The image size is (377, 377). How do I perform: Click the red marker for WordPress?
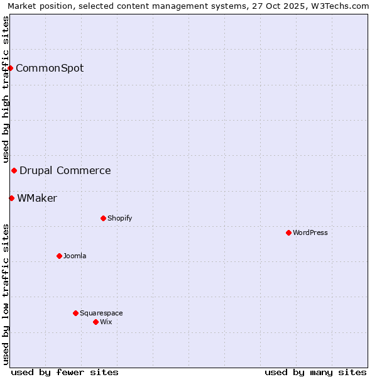[x=288, y=232]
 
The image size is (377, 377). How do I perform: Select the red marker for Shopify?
[x=103, y=218]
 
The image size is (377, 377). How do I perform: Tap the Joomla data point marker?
[x=59, y=256]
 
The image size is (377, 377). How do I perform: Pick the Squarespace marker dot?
[x=75, y=313]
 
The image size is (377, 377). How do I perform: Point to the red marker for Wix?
[x=96, y=322]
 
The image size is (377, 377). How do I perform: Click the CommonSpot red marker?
[x=11, y=68]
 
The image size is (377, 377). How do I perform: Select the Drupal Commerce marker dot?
[x=14, y=170]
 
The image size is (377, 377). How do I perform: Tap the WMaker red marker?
[x=11, y=198]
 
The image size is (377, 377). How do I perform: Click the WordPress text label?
[x=310, y=232]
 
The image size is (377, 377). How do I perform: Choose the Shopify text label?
[x=119, y=218]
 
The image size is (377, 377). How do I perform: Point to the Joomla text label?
[x=75, y=256]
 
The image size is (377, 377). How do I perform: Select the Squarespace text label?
[x=101, y=313]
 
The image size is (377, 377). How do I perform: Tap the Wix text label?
[x=106, y=322]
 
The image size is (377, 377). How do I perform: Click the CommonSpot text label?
[x=50, y=68]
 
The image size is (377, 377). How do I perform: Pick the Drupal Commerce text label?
[x=65, y=170]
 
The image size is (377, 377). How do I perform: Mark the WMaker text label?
[x=37, y=198]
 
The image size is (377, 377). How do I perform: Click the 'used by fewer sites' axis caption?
[x=65, y=372]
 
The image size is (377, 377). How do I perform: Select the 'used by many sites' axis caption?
[x=315, y=372]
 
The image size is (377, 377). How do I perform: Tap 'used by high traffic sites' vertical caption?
[x=6, y=89]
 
